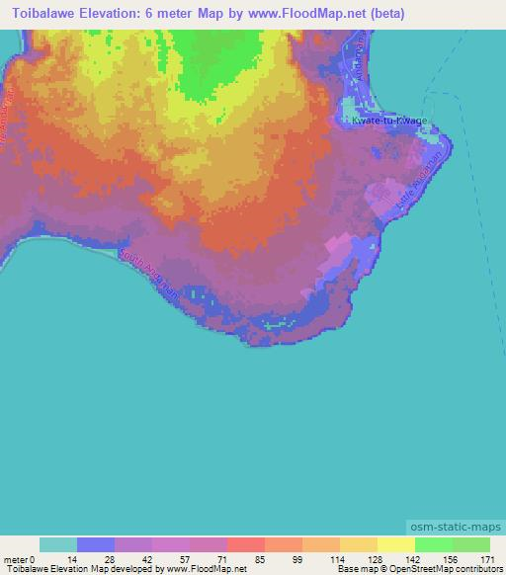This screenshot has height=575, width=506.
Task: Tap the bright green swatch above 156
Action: click(x=433, y=544)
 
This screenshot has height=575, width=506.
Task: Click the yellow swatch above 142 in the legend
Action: click(x=395, y=544)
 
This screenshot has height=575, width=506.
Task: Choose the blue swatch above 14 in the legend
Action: click(x=96, y=544)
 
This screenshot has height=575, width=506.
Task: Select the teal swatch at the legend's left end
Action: click(x=58, y=544)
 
